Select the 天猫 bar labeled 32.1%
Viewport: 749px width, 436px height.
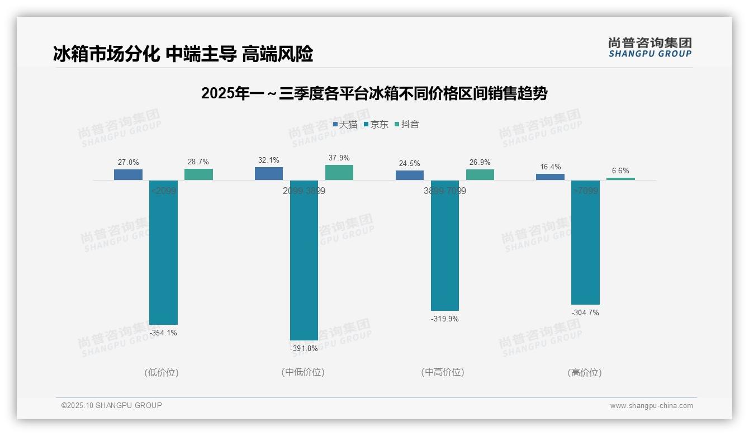tap(269, 173)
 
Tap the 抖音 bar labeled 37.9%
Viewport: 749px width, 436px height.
tap(339, 172)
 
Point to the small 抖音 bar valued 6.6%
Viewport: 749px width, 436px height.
tap(620, 179)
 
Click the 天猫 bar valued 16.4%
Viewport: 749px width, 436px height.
tap(550, 177)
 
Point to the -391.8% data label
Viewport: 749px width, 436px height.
tap(304, 349)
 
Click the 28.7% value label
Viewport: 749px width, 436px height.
tap(198, 162)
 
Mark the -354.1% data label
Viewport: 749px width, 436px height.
tap(163, 333)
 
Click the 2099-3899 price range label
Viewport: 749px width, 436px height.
tap(304, 191)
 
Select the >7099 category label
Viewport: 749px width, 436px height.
tap(585, 191)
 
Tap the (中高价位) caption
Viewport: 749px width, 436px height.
tap(443, 372)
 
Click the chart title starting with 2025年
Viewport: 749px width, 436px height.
tap(374, 93)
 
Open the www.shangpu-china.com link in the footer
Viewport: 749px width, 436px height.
tap(651, 406)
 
